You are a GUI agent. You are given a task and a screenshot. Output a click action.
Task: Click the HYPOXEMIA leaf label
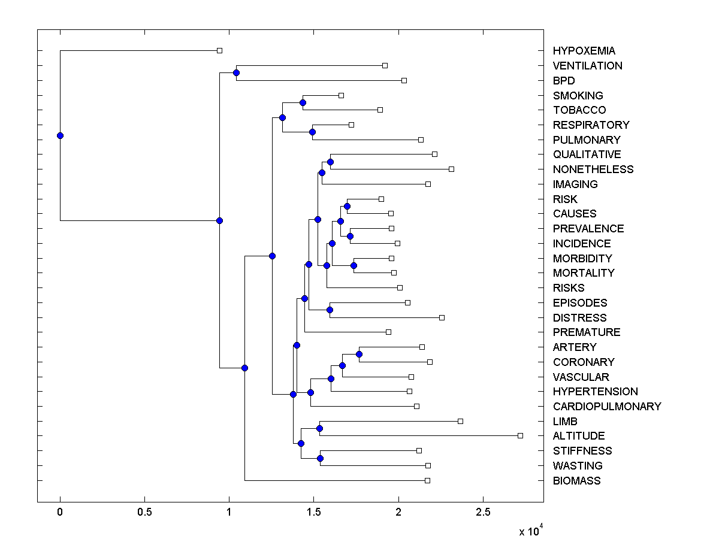(584, 51)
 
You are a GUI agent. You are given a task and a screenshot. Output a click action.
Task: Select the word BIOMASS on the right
(576, 480)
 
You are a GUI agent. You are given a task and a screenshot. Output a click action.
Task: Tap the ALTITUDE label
(579, 435)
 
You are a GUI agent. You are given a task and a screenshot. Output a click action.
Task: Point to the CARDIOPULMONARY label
(607, 406)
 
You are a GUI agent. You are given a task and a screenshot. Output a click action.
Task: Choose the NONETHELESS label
(593, 169)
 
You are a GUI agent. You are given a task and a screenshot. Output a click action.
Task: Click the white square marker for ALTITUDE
(520, 435)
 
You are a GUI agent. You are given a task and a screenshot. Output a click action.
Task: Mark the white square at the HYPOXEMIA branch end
(219, 50)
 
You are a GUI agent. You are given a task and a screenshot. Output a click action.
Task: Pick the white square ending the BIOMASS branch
(427, 480)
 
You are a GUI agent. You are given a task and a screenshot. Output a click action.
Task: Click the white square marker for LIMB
(460, 421)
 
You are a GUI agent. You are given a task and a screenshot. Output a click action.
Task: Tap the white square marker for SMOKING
(341, 95)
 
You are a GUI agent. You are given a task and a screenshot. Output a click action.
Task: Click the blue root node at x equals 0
(60, 135)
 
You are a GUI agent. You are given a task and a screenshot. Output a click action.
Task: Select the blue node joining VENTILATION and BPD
(236, 72)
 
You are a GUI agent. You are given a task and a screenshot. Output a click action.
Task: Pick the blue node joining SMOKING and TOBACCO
(303, 102)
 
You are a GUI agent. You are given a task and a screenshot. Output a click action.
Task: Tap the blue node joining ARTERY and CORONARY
(359, 354)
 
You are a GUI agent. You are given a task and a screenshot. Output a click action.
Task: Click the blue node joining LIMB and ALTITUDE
(319, 428)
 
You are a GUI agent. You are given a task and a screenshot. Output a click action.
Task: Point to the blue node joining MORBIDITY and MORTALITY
(354, 265)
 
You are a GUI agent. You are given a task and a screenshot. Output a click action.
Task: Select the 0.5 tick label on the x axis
(144, 512)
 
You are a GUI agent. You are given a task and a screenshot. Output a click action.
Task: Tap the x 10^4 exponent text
(530, 529)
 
